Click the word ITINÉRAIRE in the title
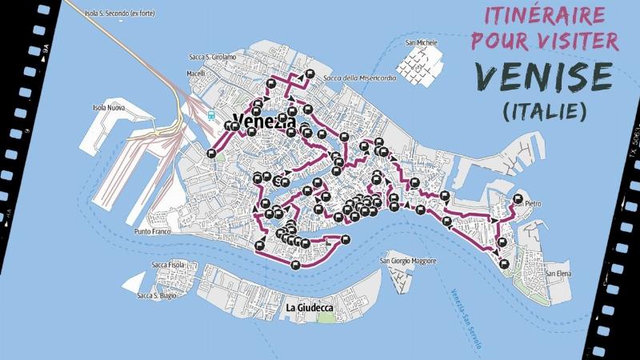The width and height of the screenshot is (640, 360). (x=544, y=14)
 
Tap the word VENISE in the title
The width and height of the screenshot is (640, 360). (x=543, y=76)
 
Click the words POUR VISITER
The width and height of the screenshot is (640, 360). (x=544, y=42)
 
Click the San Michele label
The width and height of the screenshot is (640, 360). (x=421, y=42)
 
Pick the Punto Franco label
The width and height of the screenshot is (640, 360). (x=154, y=232)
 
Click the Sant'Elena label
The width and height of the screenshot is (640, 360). (x=558, y=274)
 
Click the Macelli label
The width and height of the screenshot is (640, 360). (x=197, y=74)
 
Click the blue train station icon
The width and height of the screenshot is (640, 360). (x=211, y=114)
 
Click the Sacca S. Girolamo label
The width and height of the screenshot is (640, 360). (x=211, y=57)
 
